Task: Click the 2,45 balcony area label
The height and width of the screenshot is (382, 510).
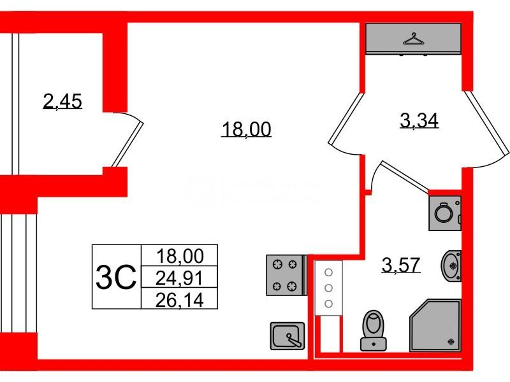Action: (x=62, y=101)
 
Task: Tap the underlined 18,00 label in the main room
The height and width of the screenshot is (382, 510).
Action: (x=246, y=129)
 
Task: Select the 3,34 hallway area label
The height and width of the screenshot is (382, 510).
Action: (x=419, y=120)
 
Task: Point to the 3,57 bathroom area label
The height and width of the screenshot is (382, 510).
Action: (x=401, y=265)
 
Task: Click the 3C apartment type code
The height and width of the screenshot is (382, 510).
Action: (x=116, y=277)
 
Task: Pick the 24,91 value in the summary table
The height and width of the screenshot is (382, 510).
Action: (x=179, y=278)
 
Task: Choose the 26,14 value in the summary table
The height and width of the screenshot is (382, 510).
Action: (x=180, y=300)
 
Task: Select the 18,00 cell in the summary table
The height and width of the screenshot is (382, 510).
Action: (x=180, y=256)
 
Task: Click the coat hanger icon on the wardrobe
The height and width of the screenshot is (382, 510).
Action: (x=413, y=39)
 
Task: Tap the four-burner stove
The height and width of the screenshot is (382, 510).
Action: (x=286, y=275)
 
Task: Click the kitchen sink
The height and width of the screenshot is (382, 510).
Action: (x=288, y=336)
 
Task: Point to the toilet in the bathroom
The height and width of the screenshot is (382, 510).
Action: (x=374, y=330)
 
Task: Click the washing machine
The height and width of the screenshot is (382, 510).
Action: (x=444, y=213)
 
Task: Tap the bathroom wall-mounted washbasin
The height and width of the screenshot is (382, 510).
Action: (x=451, y=266)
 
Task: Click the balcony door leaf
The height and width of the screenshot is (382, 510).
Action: (x=128, y=145)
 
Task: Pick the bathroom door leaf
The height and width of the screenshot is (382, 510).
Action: (x=405, y=176)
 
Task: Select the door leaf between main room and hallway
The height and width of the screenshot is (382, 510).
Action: (x=346, y=119)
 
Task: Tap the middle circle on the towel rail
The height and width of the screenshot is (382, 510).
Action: (x=328, y=288)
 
